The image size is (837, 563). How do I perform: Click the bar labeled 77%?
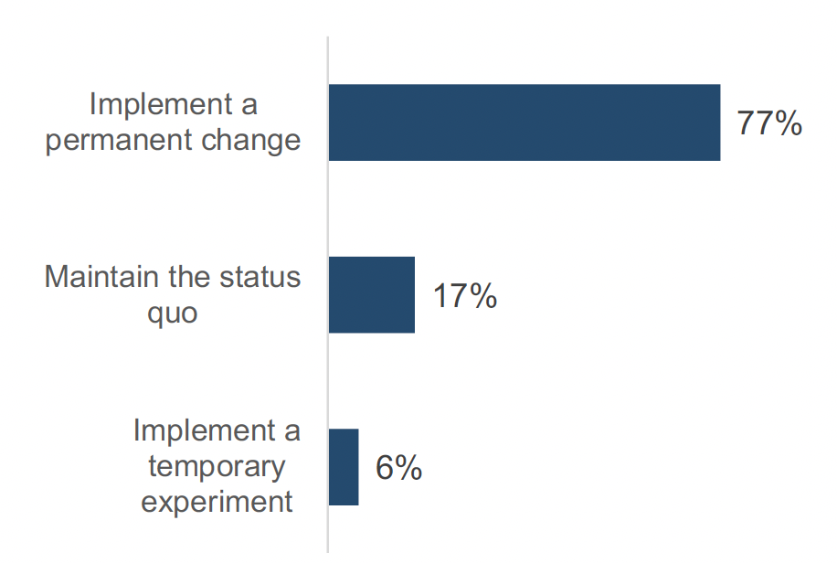tap(524, 122)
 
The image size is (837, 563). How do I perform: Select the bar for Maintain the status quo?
tap(371, 294)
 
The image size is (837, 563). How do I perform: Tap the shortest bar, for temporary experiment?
tap(344, 466)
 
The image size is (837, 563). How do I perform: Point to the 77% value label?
tap(769, 123)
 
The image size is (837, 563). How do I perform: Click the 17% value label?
tap(464, 296)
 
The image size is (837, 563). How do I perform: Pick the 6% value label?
tap(398, 468)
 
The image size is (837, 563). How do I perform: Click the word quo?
tap(173, 312)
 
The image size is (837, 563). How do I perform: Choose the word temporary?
tap(217, 466)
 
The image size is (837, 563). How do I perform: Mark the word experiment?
tap(217, 502)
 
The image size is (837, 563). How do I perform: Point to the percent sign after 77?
tap(789, 123)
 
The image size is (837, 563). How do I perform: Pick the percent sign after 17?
tap(483, 296)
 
